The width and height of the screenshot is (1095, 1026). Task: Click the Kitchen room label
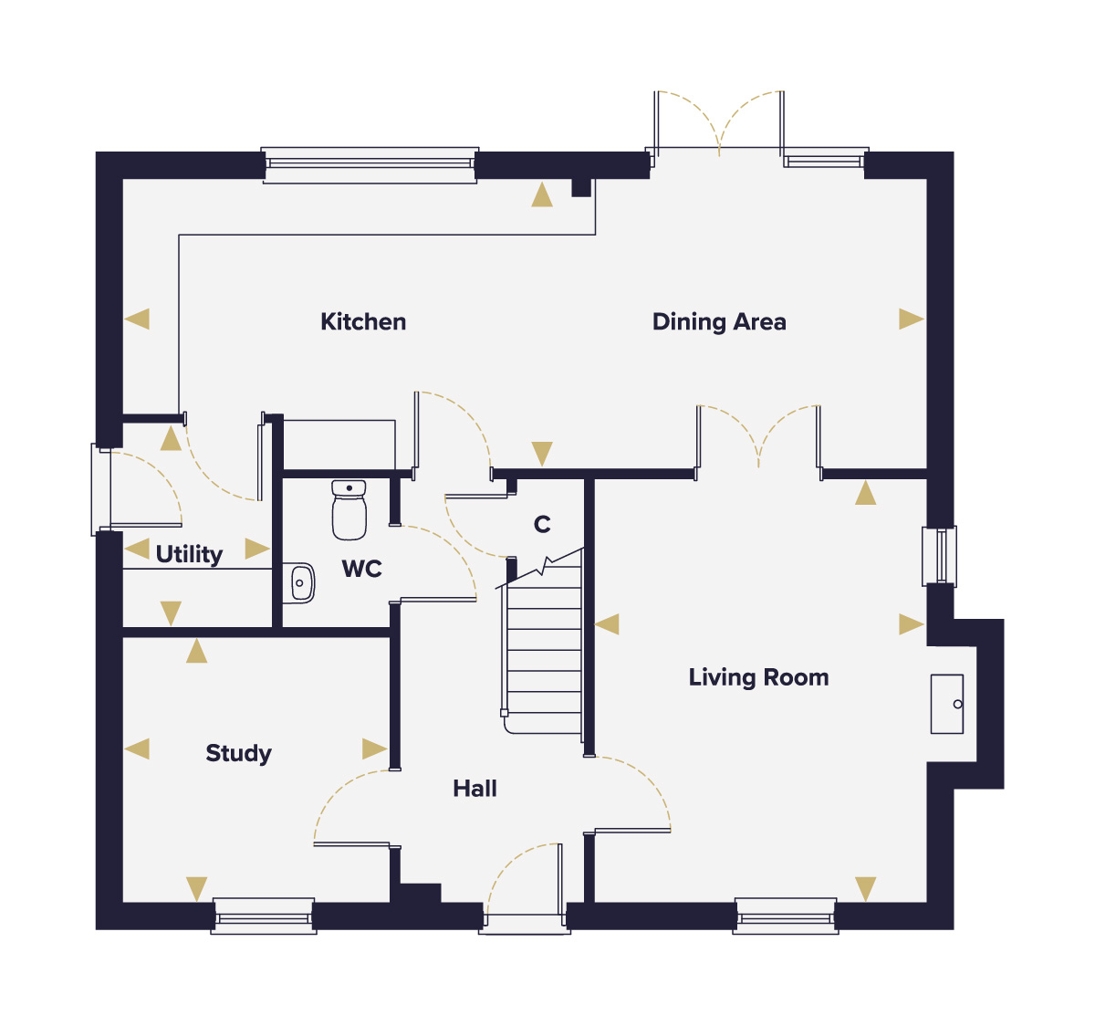coord(363,321)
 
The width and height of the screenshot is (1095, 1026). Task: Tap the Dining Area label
coord(719,322)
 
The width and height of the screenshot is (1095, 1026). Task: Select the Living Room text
coord(758,677)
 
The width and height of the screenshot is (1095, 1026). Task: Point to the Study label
coord(239,753)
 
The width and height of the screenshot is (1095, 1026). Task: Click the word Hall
coord(474,789)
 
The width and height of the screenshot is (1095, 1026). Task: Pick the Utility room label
coord(189,554)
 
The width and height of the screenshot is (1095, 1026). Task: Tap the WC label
coord(361,569)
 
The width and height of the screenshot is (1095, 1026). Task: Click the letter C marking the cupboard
coord(542,524)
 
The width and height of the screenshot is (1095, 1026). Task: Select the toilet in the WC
coord(349,509)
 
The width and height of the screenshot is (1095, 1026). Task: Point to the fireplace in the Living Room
coord(946,705)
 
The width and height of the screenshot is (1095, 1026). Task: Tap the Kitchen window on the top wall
coord(370,165)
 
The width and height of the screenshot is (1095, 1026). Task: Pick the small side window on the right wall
coord(940,556)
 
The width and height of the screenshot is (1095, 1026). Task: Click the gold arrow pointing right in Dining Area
coord(912,319)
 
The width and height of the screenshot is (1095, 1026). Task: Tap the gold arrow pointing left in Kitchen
coord(137,319)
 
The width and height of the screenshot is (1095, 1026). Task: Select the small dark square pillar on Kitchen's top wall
coord(581,187)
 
